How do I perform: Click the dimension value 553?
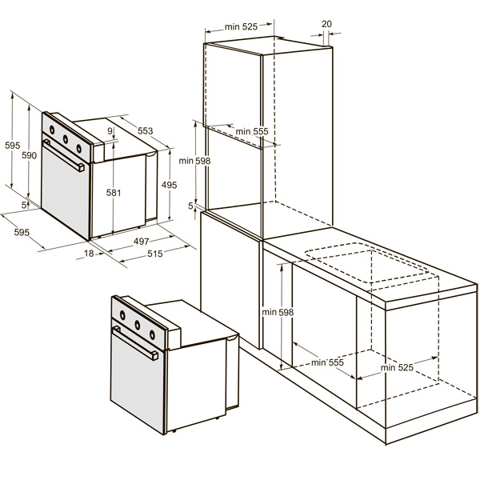pos(145,130)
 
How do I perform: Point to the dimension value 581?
pos(114,193)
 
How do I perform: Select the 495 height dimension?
pos(170,185)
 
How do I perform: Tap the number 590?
pos(29,155)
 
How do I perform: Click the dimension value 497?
pos(141,242)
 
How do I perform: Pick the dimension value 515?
pos(155,254)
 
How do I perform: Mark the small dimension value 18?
pos(89,254)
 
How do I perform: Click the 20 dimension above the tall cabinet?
pos(326,24)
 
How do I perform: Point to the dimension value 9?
pos(110,131)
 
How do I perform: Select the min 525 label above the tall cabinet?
pos(242,27)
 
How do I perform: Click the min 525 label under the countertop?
pos(397,367)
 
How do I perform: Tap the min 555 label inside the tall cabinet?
pos(252,132)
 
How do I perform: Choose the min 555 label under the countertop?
pos(327,362)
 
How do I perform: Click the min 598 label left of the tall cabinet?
pos(194,161)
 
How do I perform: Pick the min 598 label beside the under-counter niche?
pos(278,312)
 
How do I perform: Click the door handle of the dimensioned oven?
pos(64,155)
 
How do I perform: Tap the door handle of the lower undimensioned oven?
pos(135,343)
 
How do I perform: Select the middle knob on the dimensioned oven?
pos(66,139)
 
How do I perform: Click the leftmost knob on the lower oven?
pos(122,315)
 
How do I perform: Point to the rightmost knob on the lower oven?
pos(152,335)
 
